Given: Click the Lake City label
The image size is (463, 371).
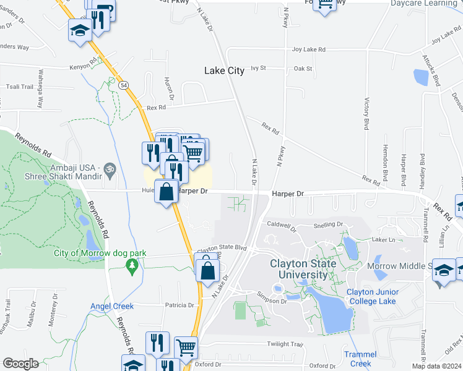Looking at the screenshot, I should [224, 71].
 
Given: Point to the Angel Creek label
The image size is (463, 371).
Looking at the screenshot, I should [111, 306].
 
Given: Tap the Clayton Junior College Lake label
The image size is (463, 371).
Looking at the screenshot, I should [371, 296].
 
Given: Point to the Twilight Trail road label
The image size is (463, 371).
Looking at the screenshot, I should [284, 344].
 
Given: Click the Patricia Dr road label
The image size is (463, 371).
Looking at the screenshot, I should [180, 305].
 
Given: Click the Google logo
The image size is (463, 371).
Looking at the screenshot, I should [20, 364].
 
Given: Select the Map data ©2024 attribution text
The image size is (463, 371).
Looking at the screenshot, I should [436, 366].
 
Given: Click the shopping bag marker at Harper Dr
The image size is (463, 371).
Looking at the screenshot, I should [167, 192].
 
